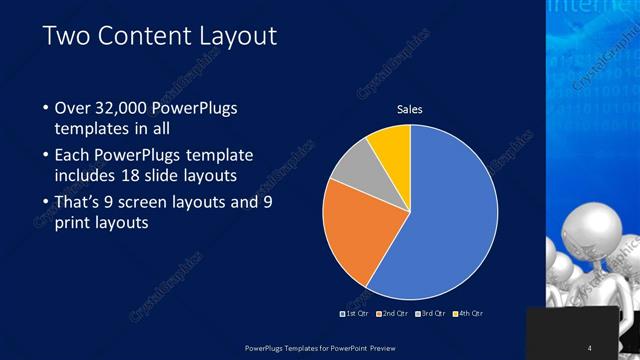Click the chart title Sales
point(410,108)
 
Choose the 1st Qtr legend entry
point(356,313)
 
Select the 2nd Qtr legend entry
point(393,313)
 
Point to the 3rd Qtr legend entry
point(431,313)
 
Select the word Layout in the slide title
point(239,37)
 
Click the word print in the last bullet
point(76,223)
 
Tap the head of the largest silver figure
point(586,224)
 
